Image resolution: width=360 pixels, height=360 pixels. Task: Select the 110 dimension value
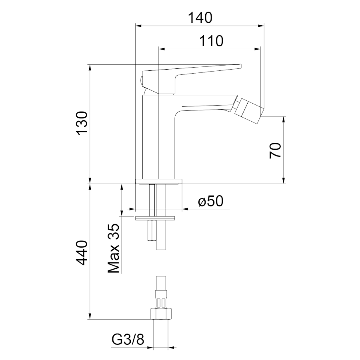(211, 41)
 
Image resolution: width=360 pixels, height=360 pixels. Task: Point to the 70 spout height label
(275, 150)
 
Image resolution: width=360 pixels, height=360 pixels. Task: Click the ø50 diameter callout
(210, 201)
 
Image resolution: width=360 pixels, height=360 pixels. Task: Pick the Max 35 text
(114, 248)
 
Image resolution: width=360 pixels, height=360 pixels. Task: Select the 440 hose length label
(82, 252)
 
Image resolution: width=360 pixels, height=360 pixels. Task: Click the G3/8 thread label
(128, 339)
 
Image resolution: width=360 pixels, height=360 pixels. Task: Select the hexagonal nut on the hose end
(162, 313)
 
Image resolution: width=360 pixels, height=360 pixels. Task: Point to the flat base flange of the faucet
(159, 181)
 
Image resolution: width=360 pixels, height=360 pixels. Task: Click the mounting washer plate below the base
(155, 218)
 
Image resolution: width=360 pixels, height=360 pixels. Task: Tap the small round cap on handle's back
(142, 80)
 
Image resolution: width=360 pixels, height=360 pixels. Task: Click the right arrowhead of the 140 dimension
(261, 26)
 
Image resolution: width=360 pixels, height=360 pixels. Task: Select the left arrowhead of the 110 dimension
(162, 49)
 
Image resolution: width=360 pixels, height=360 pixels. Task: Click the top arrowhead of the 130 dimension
(90, 68)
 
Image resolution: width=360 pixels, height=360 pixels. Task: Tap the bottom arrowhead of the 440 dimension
(90, 316)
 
